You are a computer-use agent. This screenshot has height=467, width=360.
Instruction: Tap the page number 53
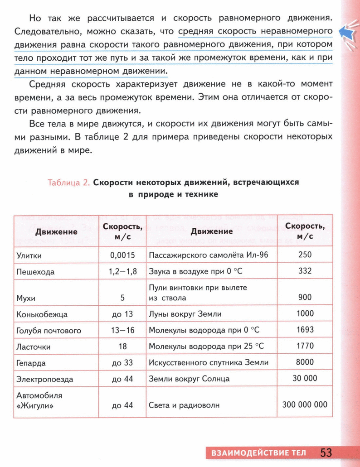(x=326, y=453)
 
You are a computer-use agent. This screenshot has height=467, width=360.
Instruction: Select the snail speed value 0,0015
(x=122, y=255)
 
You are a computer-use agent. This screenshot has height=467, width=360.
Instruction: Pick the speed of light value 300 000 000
(x=305, y=404)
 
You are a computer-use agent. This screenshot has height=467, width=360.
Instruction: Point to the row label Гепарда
(x=31, y=363)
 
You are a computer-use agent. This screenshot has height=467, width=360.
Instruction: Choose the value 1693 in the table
(x=305, y=330)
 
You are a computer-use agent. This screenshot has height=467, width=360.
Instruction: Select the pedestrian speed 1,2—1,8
(x=122, y=272)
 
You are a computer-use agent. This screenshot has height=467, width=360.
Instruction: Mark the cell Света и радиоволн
(x=184, y=405)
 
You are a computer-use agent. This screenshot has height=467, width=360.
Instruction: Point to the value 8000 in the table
(x=305, y=362)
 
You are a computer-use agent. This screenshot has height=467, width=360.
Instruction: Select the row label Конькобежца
(x=42, y=314)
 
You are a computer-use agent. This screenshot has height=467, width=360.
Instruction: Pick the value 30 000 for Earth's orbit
(x=305, y=378)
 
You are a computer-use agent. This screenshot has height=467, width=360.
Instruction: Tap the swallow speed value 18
(x=122, y=347)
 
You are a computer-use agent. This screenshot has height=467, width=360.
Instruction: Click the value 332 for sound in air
(x=305, y=271)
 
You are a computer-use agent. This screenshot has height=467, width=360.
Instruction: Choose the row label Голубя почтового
(x=49, y=330)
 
